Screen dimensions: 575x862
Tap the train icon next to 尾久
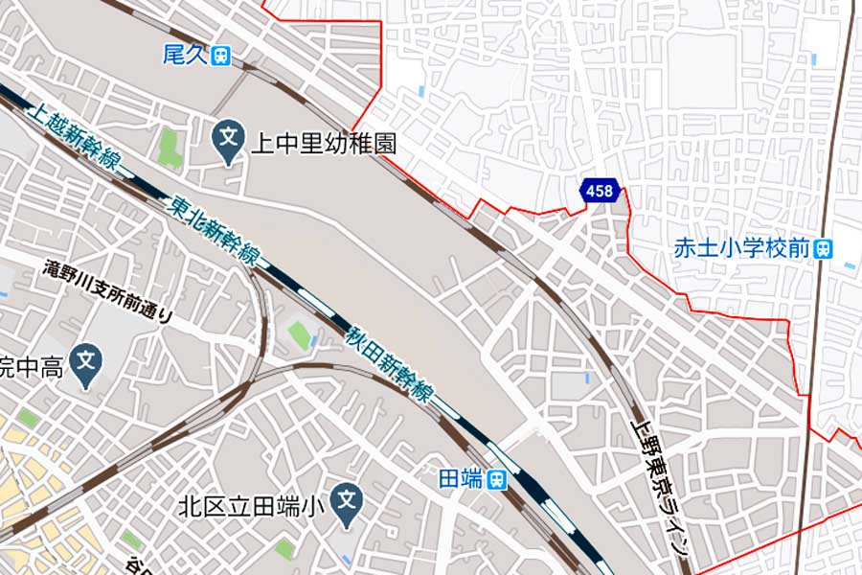pyautogui.click(x=222, y=56)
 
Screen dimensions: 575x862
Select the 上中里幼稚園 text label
pyautogui.click(x=323, y=144)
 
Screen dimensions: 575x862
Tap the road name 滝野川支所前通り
pyautogui.click(x=108, y=290)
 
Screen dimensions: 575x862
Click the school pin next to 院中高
pyautogui.click(x=87, y=363)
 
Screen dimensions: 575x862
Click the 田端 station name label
pyautogui.click(x=461, y=479)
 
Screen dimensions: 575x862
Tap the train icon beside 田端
pyautogui.click(x=496, y=480)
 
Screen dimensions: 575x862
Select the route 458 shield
pyautogui.click(x=599, y=192)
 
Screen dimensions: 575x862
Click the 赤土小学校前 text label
pyautogui.click(x=741, y=248)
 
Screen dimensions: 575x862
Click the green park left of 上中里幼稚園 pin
pyautogui.click(x=170, y=147)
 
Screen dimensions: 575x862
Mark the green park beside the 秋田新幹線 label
pyautogui.click(x=300, y=335)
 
